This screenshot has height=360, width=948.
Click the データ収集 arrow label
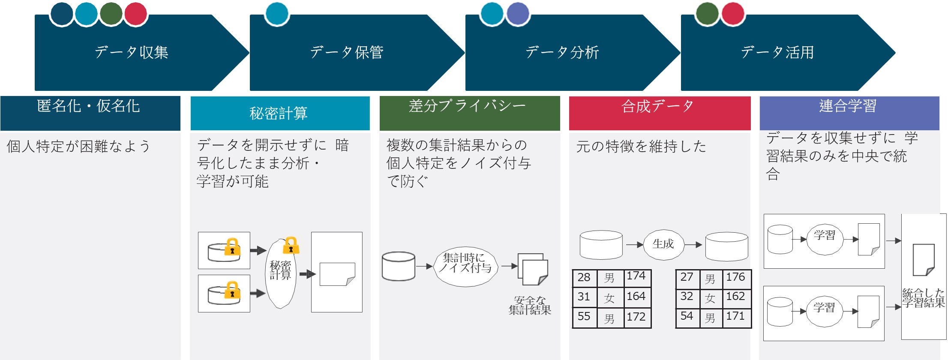[x=131, y=52]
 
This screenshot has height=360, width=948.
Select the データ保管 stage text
[x=346, y=52]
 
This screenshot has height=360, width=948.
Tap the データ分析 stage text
[x=562, y=52]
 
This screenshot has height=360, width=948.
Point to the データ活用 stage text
[x=777, y=52]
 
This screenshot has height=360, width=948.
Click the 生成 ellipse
[x=663, y=244]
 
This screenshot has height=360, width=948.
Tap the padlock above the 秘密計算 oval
[x=291, y=245]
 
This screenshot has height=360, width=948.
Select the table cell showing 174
[x=637, y=278]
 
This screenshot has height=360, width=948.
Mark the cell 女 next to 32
[x=711, y=297]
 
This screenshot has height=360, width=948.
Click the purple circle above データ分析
[x=518, y=14]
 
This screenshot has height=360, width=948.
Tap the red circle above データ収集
[x=136, y=14]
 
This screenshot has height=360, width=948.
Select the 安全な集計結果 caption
[x=530, y=305]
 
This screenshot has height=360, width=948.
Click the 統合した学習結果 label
[x=924, y=298]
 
